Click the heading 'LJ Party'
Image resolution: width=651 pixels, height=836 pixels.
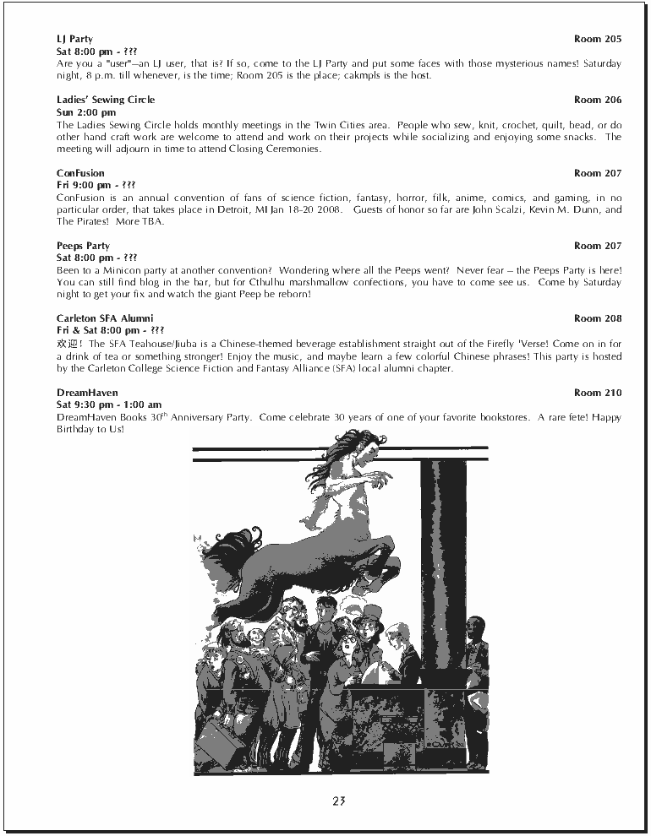click(x=74, y=39)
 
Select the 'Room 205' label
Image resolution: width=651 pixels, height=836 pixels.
click(x=597, y=39)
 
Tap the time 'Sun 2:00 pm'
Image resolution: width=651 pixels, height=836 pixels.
click(x=86, y=112)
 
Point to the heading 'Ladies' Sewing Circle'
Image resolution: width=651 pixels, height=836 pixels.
click(x=106, y=100)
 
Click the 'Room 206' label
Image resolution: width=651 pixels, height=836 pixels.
click(x=597, y=100)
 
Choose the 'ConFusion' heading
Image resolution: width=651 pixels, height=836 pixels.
click(x=80, y=173)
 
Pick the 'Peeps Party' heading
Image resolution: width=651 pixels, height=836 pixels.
click(x=83, y=246)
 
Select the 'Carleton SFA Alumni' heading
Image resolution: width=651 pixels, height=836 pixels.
click(x=105, y=318)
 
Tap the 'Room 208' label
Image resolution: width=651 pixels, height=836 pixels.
click(x=597, y=318)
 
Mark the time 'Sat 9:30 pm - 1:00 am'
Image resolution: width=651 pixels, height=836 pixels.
click(x=109, y=404)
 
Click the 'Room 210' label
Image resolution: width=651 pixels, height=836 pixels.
click(x=597, y=393)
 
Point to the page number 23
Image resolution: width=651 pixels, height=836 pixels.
click(x=339, y=801)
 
